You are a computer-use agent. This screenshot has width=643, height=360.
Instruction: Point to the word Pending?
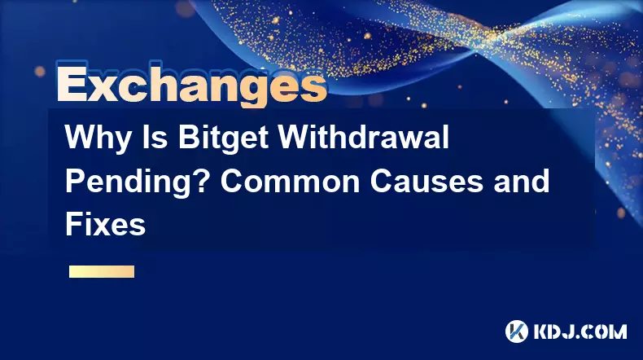(x=138, y=182)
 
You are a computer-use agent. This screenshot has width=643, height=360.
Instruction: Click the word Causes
(x=426, y=182)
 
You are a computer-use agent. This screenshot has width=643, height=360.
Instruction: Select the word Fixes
(x=105, y=225)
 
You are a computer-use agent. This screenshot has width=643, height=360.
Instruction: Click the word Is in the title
(x=153, y=137)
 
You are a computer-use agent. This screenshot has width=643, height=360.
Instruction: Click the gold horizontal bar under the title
(x=102, y=271)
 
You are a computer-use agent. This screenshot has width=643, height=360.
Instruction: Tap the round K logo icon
(x=516, y=331)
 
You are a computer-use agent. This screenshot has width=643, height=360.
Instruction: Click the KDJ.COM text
(x=580, y=331)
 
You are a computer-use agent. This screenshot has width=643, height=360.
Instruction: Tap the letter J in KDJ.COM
(x=572, y=331)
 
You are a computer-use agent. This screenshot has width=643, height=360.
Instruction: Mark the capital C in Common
(x=232, y=182)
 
